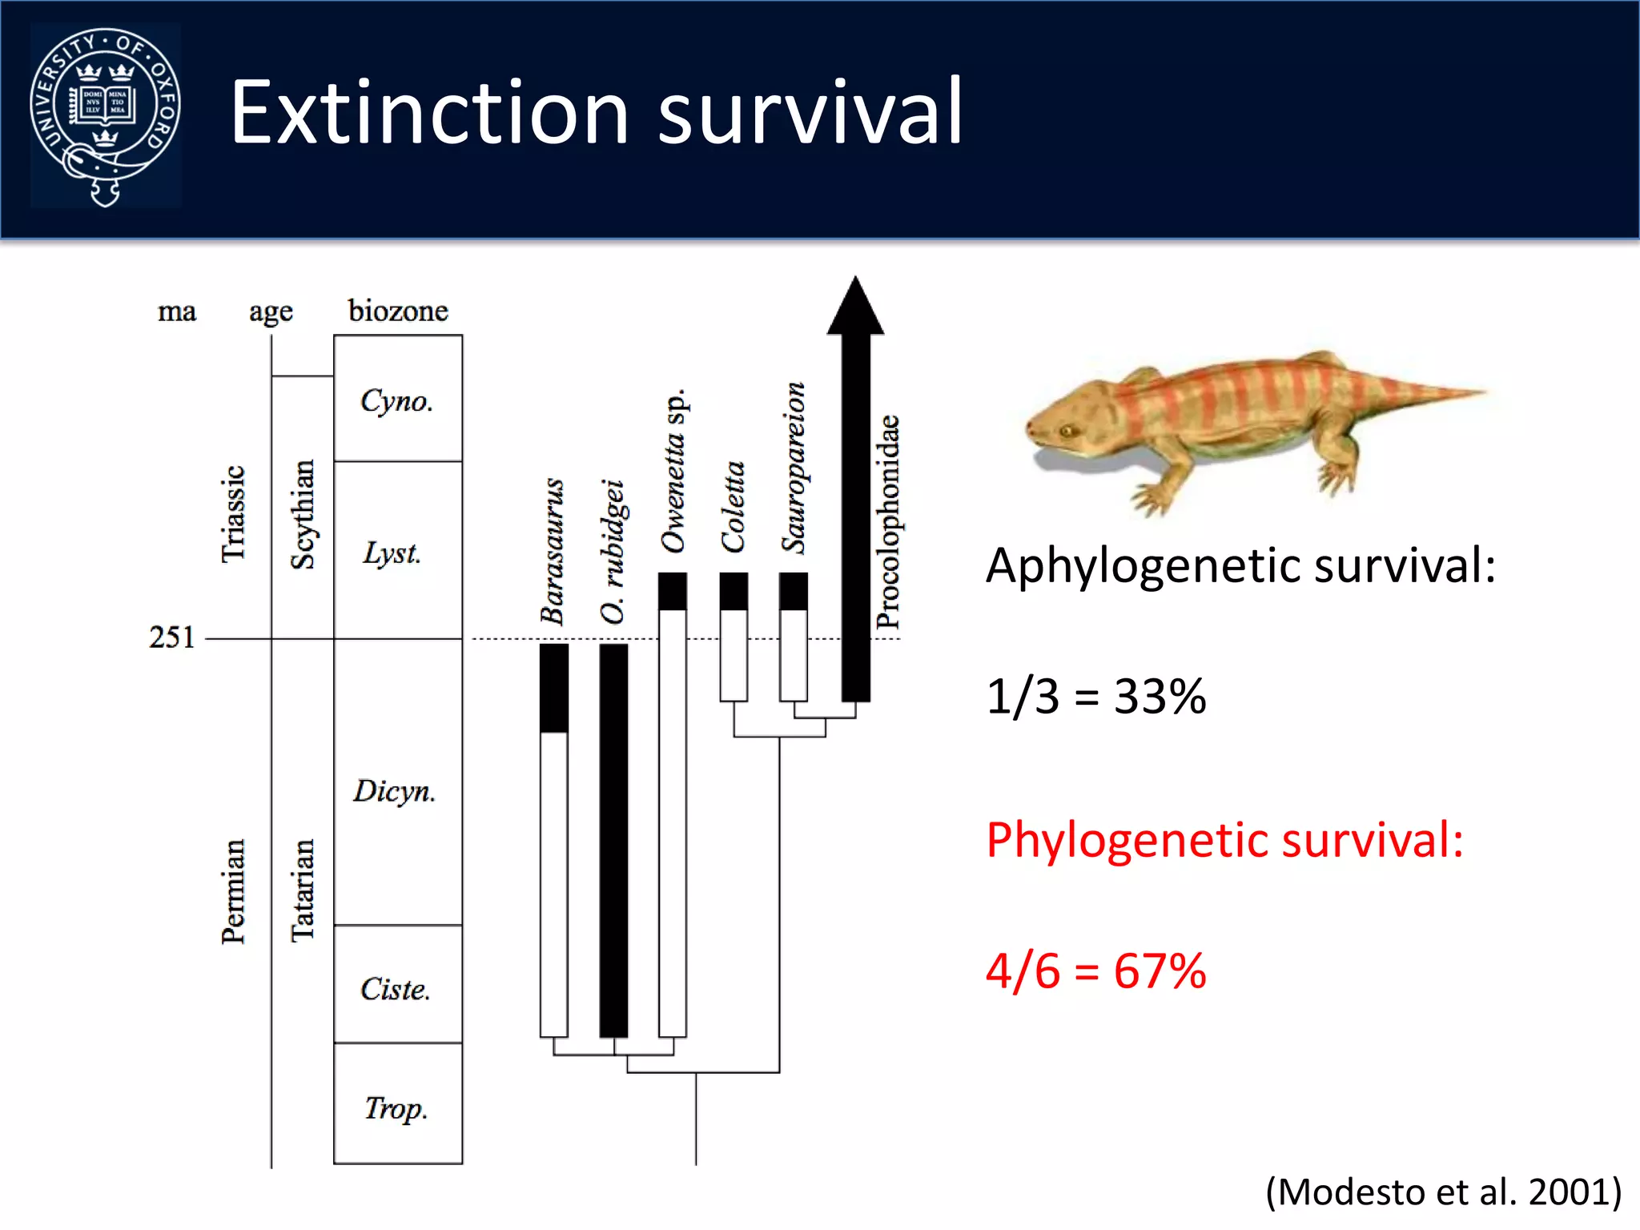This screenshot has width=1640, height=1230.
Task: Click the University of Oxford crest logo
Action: pos(105,116)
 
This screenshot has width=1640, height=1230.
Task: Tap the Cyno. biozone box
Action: pos(397,399)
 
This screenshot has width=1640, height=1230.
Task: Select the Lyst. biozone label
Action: pos(392,553)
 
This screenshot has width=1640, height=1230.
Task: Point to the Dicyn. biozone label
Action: pos(394,791)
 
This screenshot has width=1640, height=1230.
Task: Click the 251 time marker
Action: pos(171,637)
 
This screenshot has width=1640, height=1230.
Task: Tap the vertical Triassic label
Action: pos(233,514)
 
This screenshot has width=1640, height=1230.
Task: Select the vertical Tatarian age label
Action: pos(303,890)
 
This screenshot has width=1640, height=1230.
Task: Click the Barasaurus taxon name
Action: pos(553,551)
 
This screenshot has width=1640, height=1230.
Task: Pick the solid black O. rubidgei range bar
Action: pos(613,841)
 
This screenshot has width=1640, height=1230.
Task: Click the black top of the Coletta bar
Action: pos(734,591)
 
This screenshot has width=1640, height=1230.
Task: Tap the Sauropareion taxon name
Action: pos(794,468)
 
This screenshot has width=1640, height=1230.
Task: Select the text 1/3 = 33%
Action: pos(1095,697)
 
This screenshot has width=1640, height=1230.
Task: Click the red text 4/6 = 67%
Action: pos(1095,971)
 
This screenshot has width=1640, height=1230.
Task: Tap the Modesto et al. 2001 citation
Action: pos(1443,1192)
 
